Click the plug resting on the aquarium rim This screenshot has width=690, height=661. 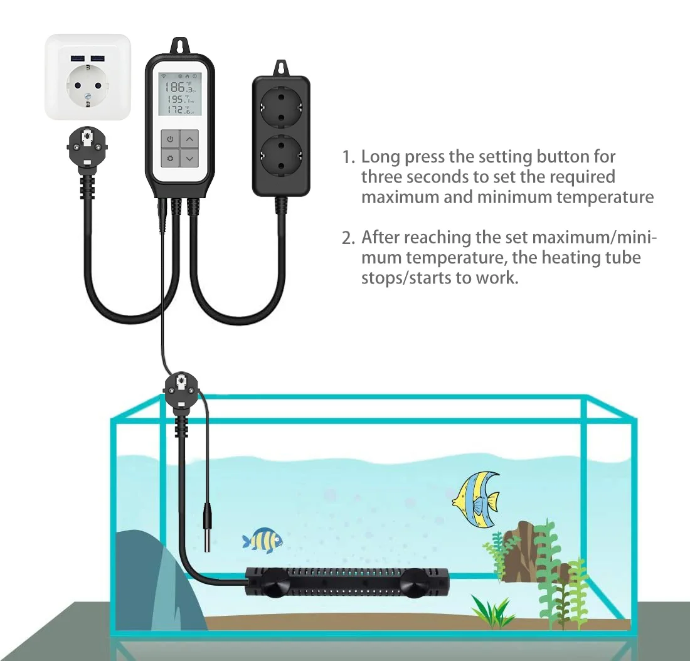(182, 393)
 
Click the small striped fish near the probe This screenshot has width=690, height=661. (262, 539)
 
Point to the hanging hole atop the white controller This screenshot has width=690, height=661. (179, 46)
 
